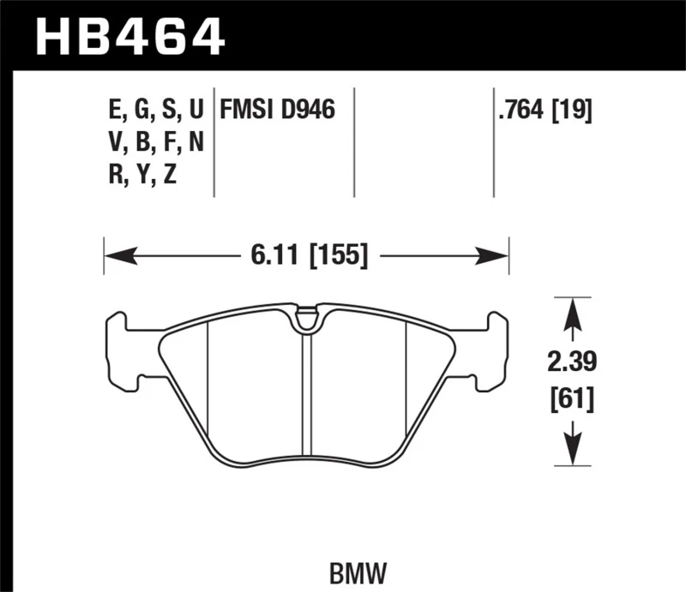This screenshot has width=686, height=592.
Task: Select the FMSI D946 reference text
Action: click(277, 111)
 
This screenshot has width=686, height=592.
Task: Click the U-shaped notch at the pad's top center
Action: click(305, 320)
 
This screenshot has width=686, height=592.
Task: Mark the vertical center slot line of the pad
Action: click(305, 394)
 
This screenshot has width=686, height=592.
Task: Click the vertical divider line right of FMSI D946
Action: click(354, 141)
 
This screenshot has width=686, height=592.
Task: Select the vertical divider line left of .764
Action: click(493, 141)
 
